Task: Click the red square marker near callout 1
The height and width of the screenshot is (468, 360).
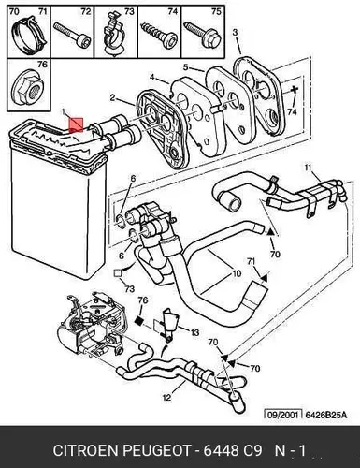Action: tap(76, 124)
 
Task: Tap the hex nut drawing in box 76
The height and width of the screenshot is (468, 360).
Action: tap(29, 90)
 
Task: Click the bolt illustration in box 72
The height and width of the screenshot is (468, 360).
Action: tap(72, 35)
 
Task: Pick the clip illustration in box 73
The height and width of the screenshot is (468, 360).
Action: tap(114, 35)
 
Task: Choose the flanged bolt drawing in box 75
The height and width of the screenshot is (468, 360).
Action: tap(202, 35)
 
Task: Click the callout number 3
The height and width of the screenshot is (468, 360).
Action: tap(235, 32)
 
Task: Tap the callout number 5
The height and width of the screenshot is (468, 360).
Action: tap(185, 67)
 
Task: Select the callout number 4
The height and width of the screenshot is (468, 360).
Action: tap(151, 77)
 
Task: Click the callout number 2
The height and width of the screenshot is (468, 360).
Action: tap(112, 98)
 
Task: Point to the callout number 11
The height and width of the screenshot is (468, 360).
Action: tap(308, 168)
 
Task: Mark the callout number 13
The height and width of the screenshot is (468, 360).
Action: tap(194, 332)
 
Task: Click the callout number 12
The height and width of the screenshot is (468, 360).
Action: tap(167, 398)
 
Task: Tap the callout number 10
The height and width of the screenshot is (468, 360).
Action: tap(237, 273)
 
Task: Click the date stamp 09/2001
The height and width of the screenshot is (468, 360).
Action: tap(283, 415)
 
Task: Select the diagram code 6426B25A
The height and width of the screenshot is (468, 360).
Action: tap(325, 415)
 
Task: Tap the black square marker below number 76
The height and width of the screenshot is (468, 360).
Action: tap(139, 320)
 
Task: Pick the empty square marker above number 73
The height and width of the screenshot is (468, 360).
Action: tap(118, 273)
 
